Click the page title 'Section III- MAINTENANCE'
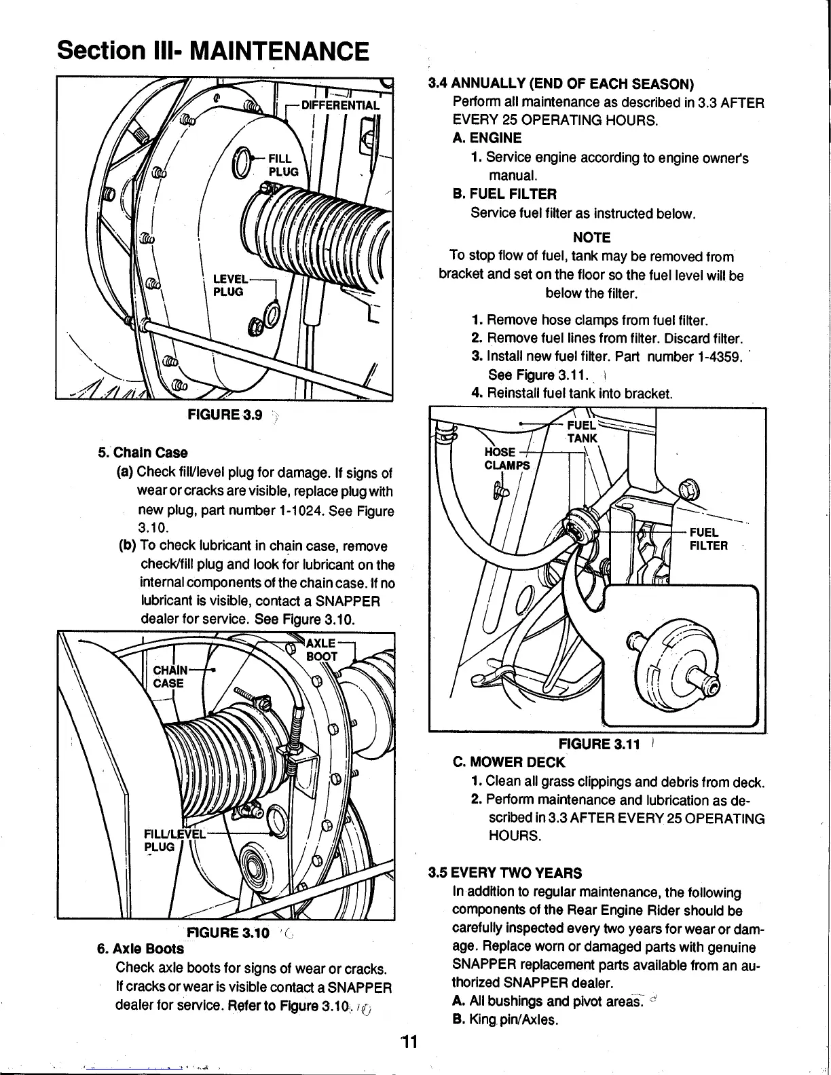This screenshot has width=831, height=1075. [x=213, y=50]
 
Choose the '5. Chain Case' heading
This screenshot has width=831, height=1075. [x=143, y=453]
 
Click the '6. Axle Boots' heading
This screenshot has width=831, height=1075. [x=141, y=948]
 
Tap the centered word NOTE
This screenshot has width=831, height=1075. [x=591, y=238]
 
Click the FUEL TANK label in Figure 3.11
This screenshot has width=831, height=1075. [x=583, y=431]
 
